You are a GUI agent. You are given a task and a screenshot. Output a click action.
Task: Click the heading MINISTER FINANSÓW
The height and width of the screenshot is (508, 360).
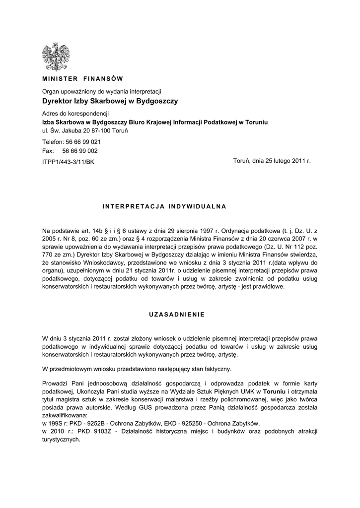point(82,79)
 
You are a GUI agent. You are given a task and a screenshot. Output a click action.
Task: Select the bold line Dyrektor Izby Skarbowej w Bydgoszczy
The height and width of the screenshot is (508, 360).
point(110,101)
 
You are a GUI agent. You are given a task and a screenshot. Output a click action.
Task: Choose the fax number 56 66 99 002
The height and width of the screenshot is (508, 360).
point(80,151)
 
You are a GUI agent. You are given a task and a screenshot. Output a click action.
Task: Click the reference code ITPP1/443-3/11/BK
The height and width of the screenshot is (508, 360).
point(68,162)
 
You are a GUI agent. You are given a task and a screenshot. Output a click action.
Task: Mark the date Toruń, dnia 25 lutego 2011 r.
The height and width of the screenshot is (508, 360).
point(272,161)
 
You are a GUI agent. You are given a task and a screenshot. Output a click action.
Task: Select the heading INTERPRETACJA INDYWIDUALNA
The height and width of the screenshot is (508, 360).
point(164,205)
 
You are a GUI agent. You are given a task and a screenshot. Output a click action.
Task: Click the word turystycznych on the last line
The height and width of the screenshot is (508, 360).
point(61,440)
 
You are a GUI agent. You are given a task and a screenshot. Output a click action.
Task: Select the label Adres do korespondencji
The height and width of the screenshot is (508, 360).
point(75,114)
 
